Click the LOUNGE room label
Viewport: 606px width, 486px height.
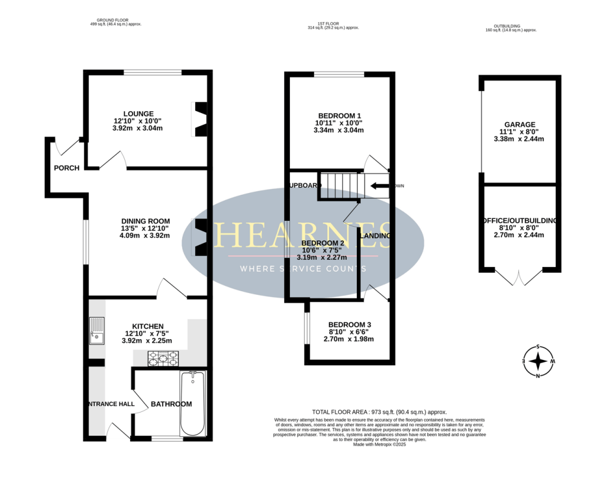pos(138,114)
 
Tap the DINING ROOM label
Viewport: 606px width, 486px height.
pos(144,221)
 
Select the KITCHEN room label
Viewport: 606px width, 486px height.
pos(147,326)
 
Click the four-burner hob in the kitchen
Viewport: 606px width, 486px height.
pos(162,357)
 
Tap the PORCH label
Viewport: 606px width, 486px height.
pos(66,168)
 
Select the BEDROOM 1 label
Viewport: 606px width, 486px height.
pos(339,115)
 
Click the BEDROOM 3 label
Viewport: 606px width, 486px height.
pos(349,324)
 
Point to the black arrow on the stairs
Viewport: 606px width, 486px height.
pos(379,186)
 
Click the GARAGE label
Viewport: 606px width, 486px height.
pos(520,124)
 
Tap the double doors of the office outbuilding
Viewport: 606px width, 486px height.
pos(518,277)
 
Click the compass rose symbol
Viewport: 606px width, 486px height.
pos(538,361)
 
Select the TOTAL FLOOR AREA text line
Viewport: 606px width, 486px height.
pos(379,412)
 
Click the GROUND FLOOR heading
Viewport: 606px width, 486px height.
pos(116,20)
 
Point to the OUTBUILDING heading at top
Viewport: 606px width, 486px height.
pos(507,26)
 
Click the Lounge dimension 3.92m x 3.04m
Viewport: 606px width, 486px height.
pos(138,128)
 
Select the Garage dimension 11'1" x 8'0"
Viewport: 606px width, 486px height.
pos(520,132)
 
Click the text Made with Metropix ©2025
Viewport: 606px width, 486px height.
pos(379,445)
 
